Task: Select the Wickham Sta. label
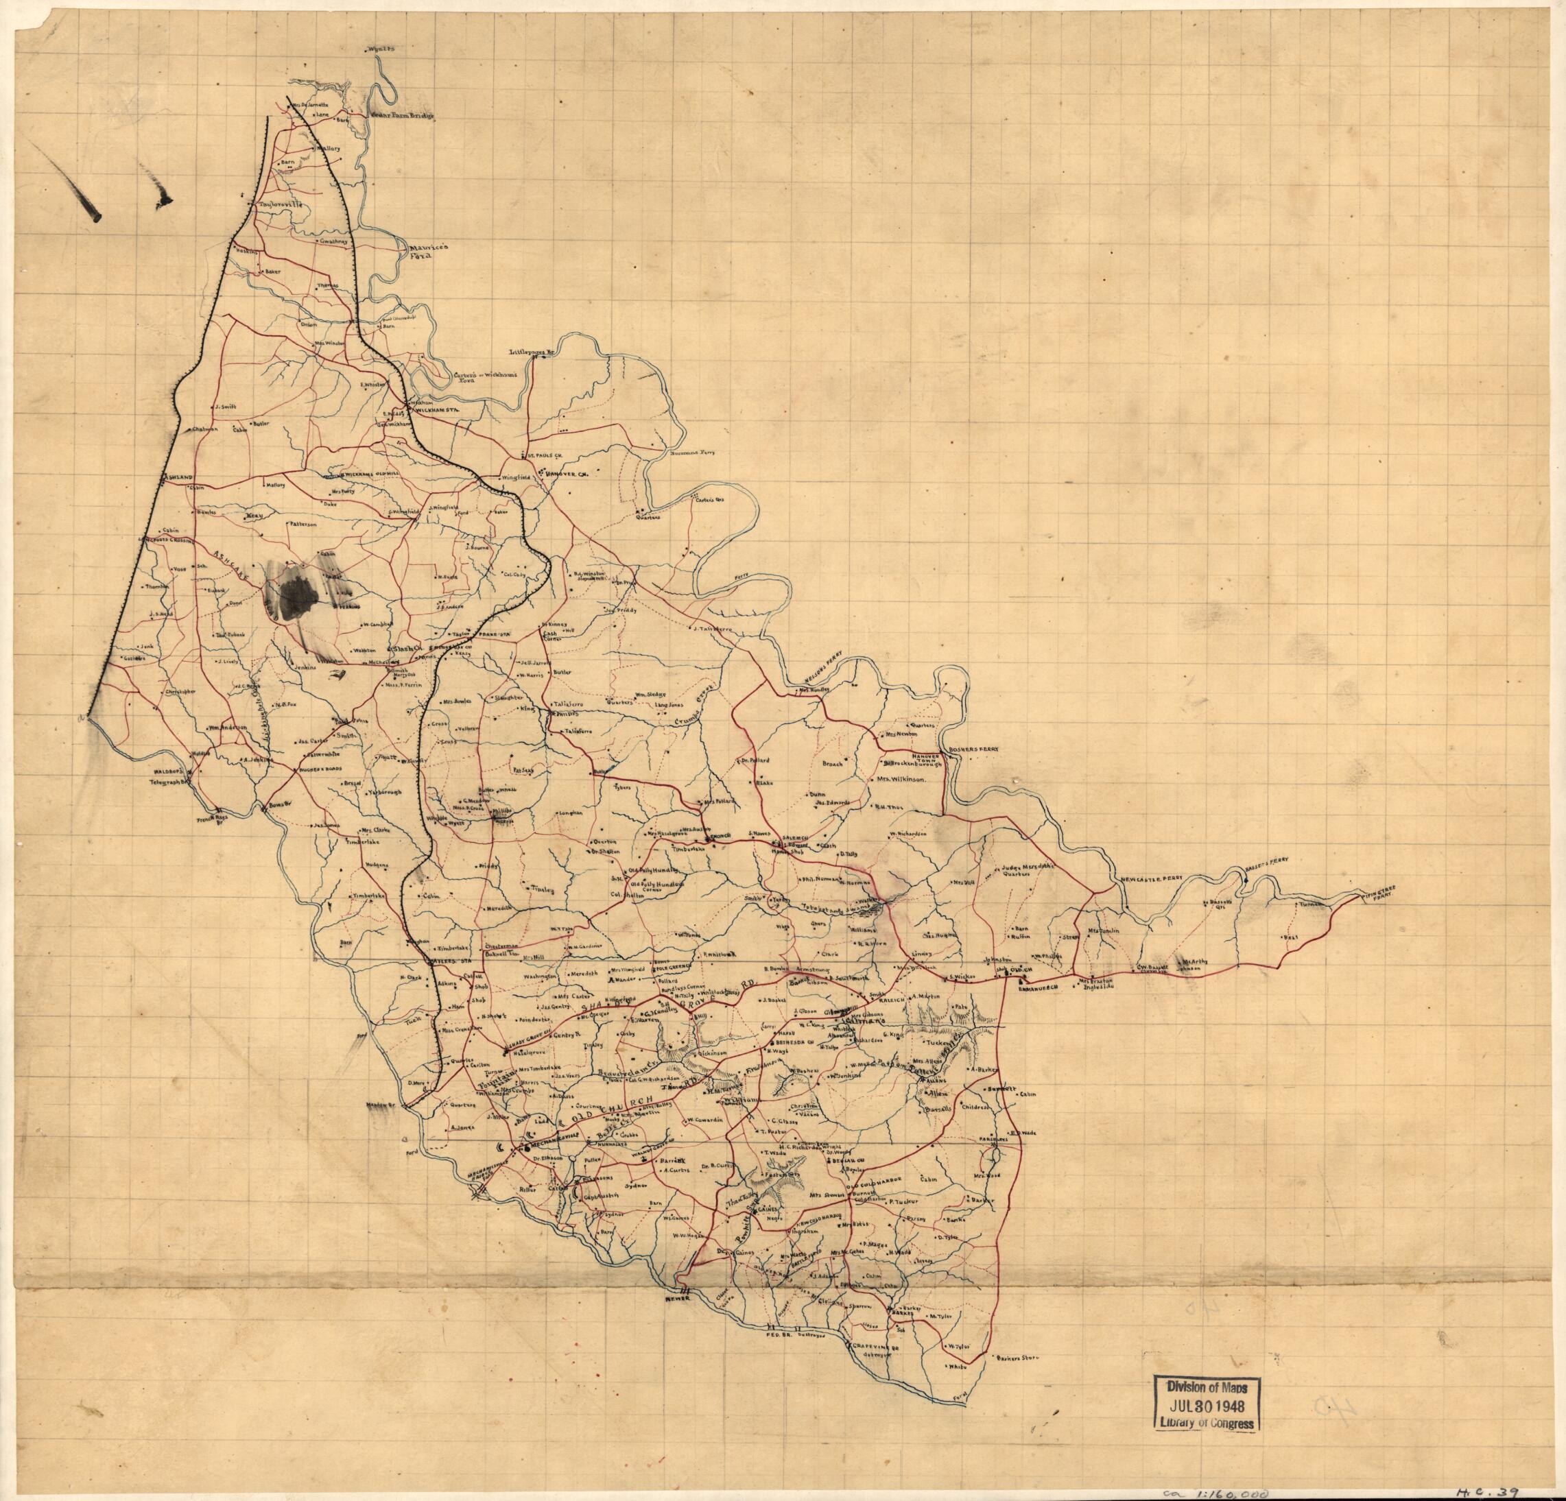pyautogui.click(x=443, y=410)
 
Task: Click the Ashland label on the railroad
pyautogui.click(x=179, y=476)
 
